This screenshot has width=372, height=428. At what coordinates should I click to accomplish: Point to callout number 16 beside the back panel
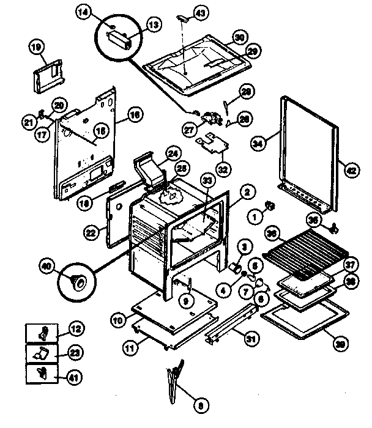click(x=135, y=114)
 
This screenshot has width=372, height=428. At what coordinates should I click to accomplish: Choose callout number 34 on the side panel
click(x=259, y=144)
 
